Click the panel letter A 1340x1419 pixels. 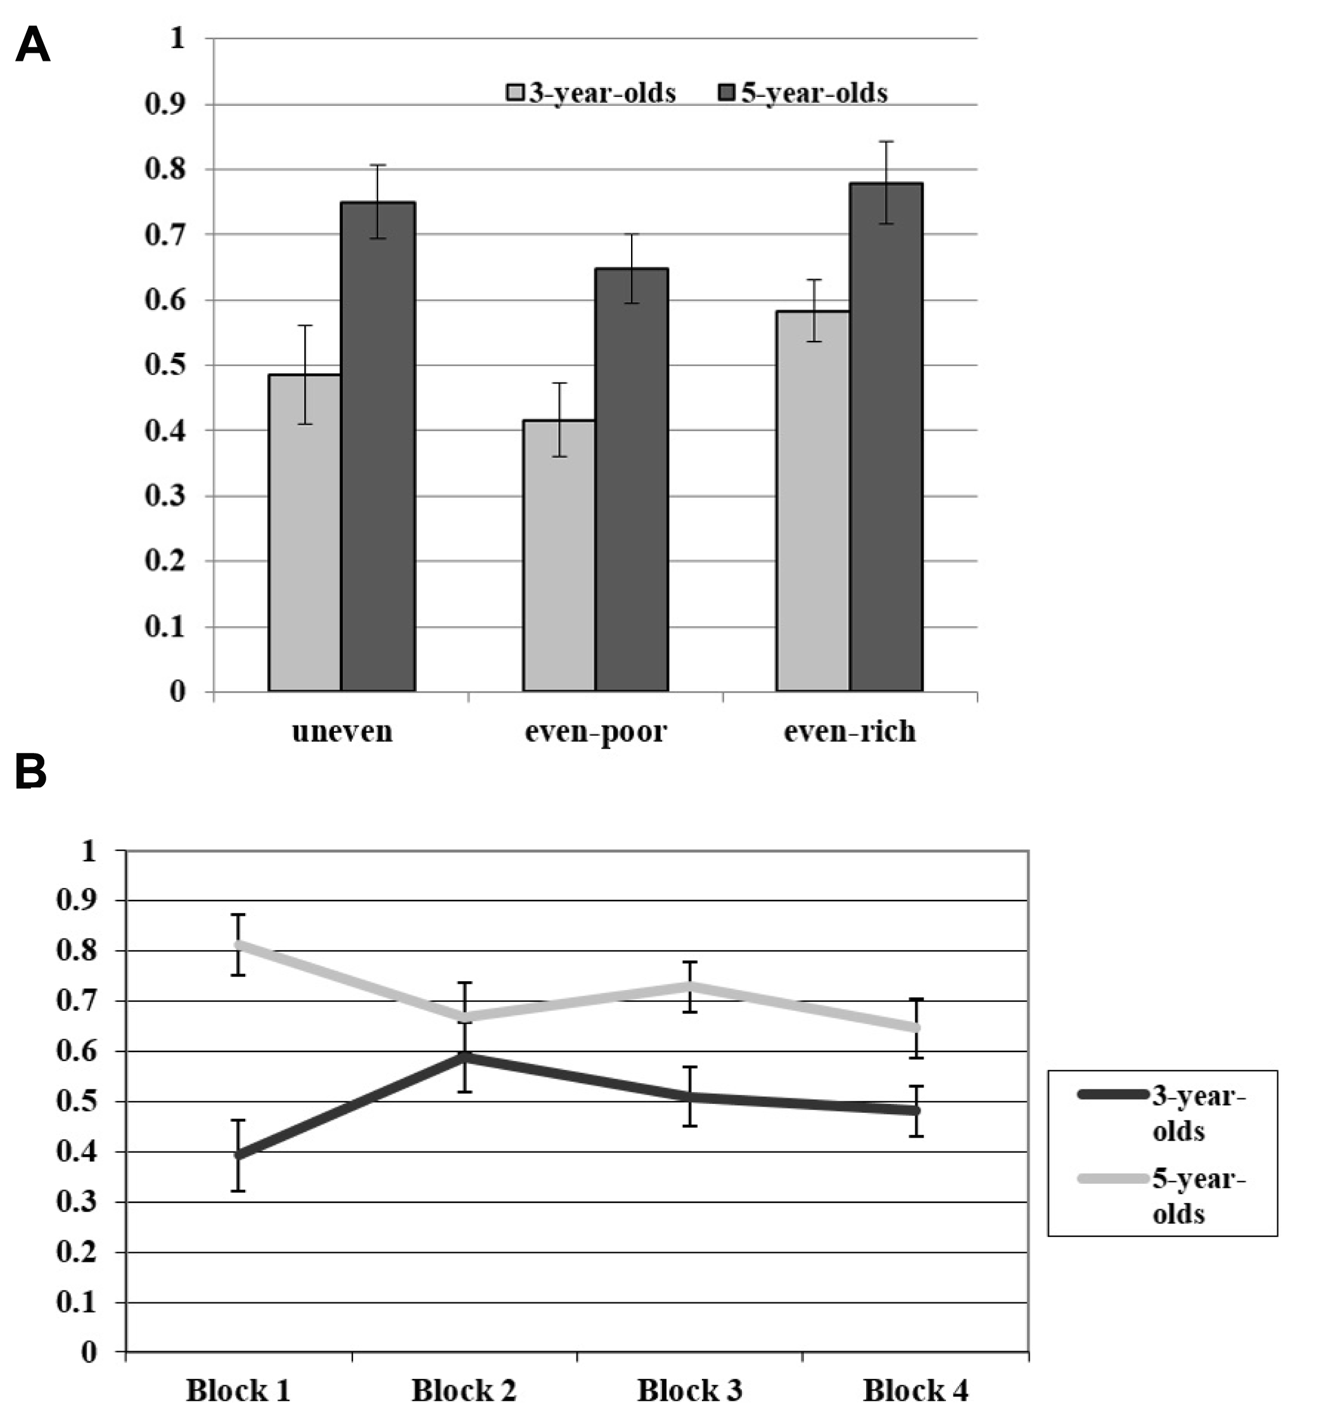pyautogui.click(x=33, y=44)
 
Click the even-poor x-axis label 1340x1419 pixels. pyautogui.click(x=595, y=731)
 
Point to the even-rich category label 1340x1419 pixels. pyautogui.click(x=849, y=731)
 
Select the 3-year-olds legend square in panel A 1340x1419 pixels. pyautogui.click(x=515, y=93)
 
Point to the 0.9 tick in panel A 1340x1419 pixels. pyautogui.click(x=164, y=105)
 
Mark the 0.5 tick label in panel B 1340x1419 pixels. pyautogui.click(x=76, y=1101)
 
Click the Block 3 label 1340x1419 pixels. pyautogui.click(x=689, y=1390)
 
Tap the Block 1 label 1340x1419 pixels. pyautogui.click(x=238, y=1390)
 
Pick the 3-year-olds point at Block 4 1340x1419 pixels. pyautogui.click(x=916, y=1110)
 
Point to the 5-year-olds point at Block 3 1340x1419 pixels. pyautogui.click(x=690, y=986)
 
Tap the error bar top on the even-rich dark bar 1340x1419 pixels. pyautogui.click(x=886, y=141)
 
